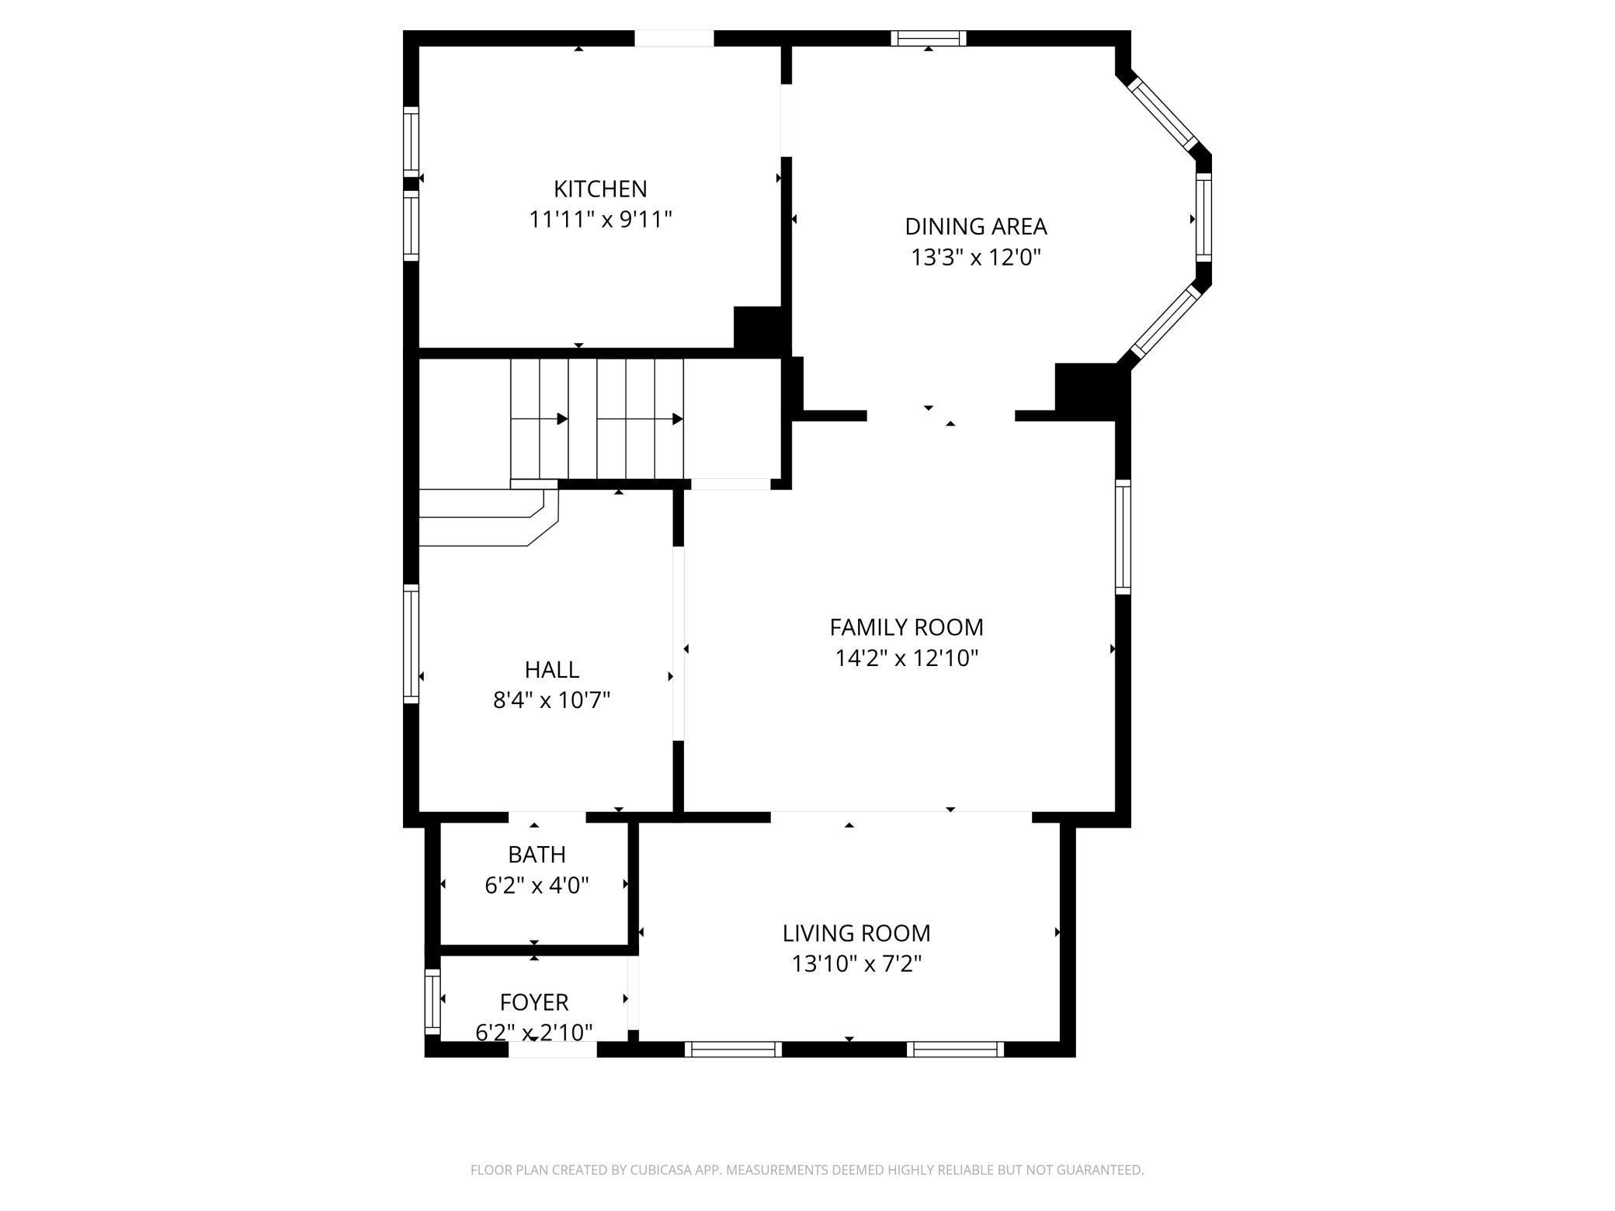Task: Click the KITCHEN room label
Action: tap(600, 189)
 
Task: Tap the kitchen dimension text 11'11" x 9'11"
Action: tap(600, 220)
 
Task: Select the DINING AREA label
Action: tap(976, 226)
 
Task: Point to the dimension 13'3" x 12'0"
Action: tap(976, 257)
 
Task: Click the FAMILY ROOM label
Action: tap(906, 626)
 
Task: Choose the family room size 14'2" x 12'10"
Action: tap(906, 658)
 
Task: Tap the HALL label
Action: tap(552, 669)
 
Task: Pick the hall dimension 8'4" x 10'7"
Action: tap(552, 700)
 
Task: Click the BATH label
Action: tap(537, 854)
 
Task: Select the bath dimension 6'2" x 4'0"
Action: tap(537, 885)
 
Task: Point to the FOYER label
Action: tap(534, 1002)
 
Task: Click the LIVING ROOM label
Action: tap(856, 932)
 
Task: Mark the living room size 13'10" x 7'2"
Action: tap(856, 963)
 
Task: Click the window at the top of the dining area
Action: tap(929, 38)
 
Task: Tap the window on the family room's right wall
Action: tap(1123, 537)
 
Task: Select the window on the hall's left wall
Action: tap(412, 644)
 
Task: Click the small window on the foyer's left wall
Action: tap(432, 1001)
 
